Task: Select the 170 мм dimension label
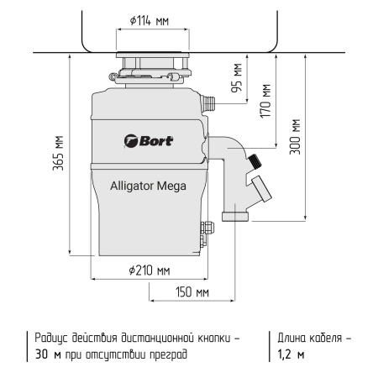[x=266, y=101]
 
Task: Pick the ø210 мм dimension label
[x=150, y=270]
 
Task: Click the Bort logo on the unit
[x=149, y=139]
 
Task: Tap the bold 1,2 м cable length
[x=291, y=354]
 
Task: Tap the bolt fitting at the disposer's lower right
[x=202, y=229]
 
